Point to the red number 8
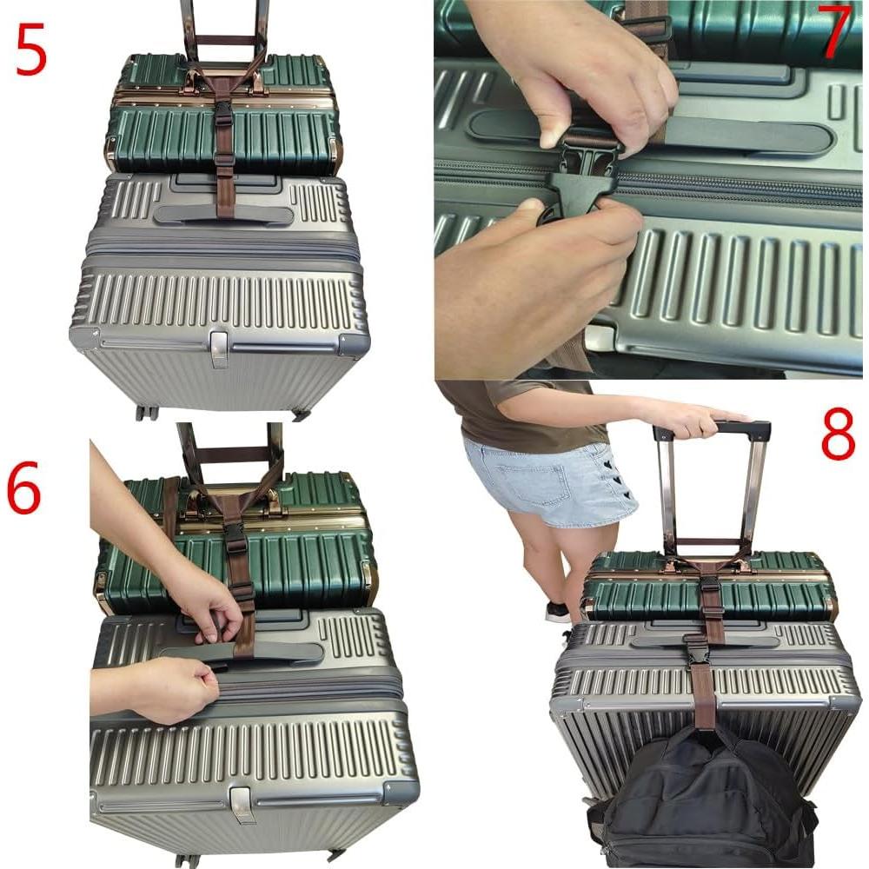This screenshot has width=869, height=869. click(838, 438)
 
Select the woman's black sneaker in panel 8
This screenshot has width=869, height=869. click(557, 612)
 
